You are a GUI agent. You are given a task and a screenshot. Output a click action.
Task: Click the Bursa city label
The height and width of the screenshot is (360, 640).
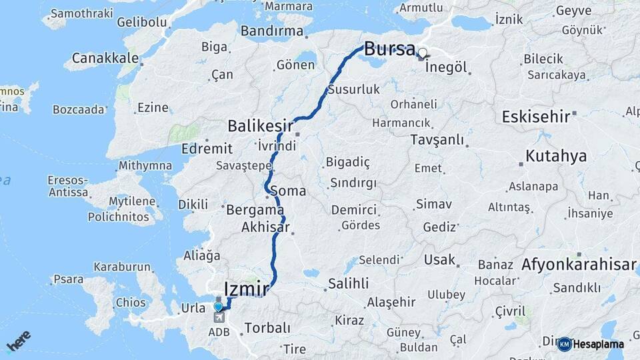(389, 49)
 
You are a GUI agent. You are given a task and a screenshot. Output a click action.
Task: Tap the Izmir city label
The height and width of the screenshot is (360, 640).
(247, 289)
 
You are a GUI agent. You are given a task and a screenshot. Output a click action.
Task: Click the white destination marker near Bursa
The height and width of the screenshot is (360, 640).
(422, 52)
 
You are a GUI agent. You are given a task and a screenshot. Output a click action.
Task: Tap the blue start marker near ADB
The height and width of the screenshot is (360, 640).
(218, 307)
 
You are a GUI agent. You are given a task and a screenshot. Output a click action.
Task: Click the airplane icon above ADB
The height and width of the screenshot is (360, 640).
(217, 318)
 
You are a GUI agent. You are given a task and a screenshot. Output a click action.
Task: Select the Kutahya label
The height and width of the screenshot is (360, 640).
(556, 156)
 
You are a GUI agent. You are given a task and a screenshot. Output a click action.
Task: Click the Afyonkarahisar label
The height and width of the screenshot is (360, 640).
(579, 265)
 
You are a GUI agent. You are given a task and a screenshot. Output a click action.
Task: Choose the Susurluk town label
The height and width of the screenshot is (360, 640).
(354, 89)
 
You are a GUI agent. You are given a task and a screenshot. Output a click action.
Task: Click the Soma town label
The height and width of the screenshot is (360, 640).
(288, 191)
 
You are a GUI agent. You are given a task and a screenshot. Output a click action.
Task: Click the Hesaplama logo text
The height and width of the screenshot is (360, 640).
(598, 345)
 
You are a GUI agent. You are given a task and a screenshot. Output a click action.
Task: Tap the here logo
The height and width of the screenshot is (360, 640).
(18, 341)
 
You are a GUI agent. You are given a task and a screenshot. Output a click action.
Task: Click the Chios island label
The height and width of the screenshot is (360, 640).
(130, 302)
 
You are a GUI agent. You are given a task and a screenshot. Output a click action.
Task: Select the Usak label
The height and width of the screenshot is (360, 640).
(440, 260)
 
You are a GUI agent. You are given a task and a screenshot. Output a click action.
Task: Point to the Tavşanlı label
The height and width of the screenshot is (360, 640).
(437, 139)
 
